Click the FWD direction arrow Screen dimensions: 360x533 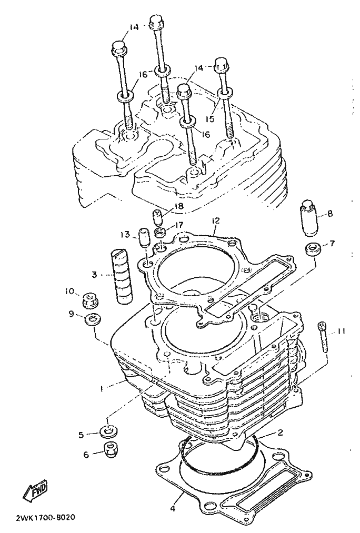[x=35, y=491]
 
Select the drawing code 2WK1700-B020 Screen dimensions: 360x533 [x=45, y=518]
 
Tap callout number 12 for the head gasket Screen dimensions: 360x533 [x=215, y=220]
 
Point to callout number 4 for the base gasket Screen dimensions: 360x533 [x=173, y=508]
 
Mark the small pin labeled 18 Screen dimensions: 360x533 [x=157, y=217]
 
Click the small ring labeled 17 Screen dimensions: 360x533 [x=161, y=233]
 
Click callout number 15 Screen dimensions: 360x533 [x=211, y=118]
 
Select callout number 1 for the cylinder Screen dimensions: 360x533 [x=103, y=387]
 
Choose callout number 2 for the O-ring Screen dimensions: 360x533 [x=280, y=433]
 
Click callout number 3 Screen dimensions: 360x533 [x=95, y=274]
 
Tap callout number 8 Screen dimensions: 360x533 [x=329, y=214]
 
